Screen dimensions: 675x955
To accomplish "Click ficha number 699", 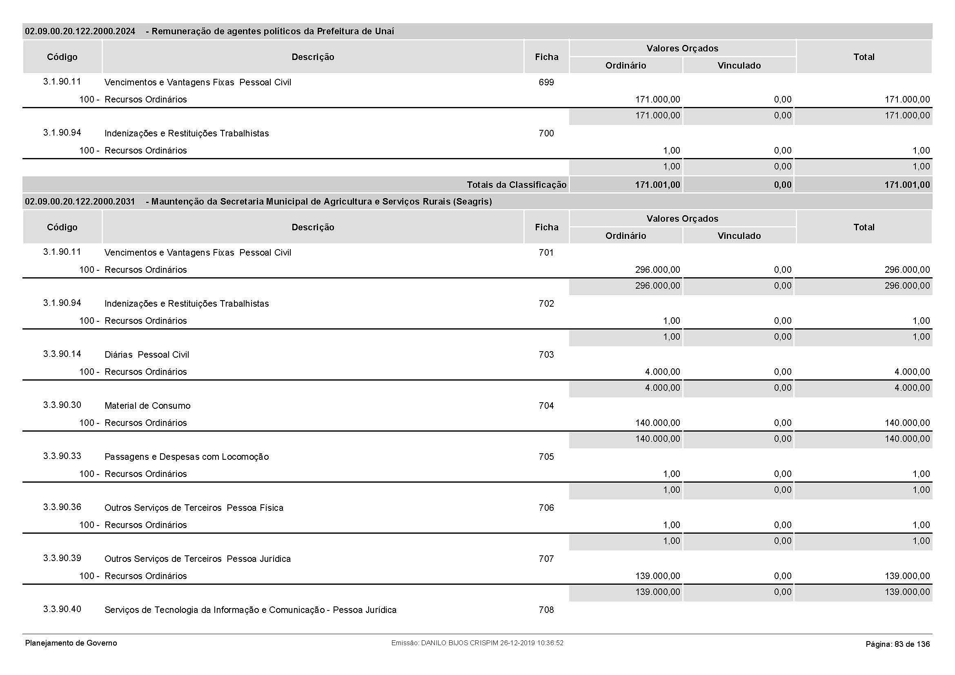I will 546,82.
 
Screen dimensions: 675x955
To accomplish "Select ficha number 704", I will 546,405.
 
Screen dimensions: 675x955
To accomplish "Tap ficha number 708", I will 546,610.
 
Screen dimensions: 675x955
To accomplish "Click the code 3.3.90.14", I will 62,354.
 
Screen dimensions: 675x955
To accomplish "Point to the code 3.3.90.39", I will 62,558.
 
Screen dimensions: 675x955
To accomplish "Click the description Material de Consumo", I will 147,406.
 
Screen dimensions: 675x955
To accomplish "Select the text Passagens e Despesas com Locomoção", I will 186,457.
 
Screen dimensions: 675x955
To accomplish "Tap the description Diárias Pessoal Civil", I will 147,355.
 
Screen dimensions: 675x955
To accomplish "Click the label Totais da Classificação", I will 516,185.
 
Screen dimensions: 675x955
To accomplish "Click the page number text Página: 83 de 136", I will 897,644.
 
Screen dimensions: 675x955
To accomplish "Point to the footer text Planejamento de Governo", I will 71,643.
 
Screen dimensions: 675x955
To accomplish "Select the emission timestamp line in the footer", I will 477,643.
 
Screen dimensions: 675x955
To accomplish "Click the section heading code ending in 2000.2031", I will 80,202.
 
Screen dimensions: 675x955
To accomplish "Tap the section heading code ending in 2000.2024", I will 80,31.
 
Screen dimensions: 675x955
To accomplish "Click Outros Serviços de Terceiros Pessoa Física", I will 194,508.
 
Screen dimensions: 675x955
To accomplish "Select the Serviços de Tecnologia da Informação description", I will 250,610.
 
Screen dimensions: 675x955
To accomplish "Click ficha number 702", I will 546,303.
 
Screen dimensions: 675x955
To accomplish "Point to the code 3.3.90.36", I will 62,507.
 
